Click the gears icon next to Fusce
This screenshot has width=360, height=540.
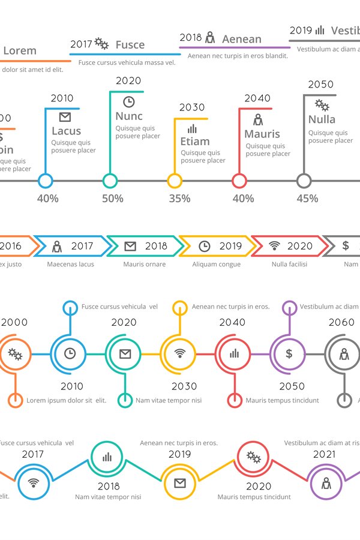point(101,43)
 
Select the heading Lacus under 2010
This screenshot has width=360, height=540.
point(66,131)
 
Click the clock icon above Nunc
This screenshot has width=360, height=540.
point(128,101)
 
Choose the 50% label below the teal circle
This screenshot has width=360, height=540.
point(112,199)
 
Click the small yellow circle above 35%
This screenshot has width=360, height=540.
point(175,181)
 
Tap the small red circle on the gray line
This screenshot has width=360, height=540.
point(239,181)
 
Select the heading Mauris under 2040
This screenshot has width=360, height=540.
point(262,134)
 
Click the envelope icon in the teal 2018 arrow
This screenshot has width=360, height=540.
point(130,246)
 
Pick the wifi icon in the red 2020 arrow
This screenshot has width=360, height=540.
point(274,246)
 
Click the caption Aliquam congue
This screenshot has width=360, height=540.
point(216,264)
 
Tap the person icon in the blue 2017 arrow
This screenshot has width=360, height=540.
point(57,246)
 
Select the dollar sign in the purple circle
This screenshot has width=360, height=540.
point(289,353)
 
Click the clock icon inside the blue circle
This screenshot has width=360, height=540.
point(70,353)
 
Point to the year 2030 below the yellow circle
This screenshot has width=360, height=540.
point(184,386)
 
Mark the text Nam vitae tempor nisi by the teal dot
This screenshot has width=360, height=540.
point(169,400)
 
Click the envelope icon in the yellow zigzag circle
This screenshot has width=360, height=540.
point(179,483)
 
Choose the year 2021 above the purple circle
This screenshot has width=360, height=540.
point(324,454)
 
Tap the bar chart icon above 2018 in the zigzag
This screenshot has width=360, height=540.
point(107,457)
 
